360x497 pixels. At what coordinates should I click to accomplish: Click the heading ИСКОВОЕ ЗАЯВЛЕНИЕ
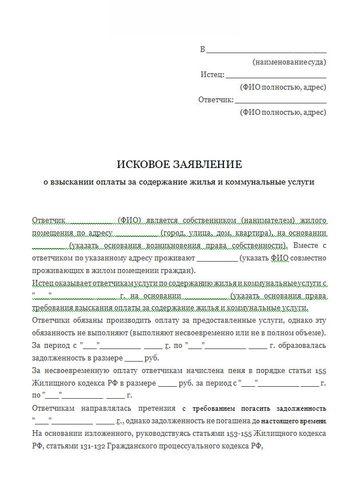coord(179,165)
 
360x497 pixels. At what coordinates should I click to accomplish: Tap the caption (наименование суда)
coord(289,62)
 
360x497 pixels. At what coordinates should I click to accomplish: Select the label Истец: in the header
coord(213,75)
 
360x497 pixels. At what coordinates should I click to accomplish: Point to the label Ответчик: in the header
coord(215,100)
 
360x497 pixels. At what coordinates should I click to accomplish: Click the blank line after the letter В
coord(266,50)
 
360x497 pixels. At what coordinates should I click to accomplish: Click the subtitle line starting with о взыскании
coord(179,182)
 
